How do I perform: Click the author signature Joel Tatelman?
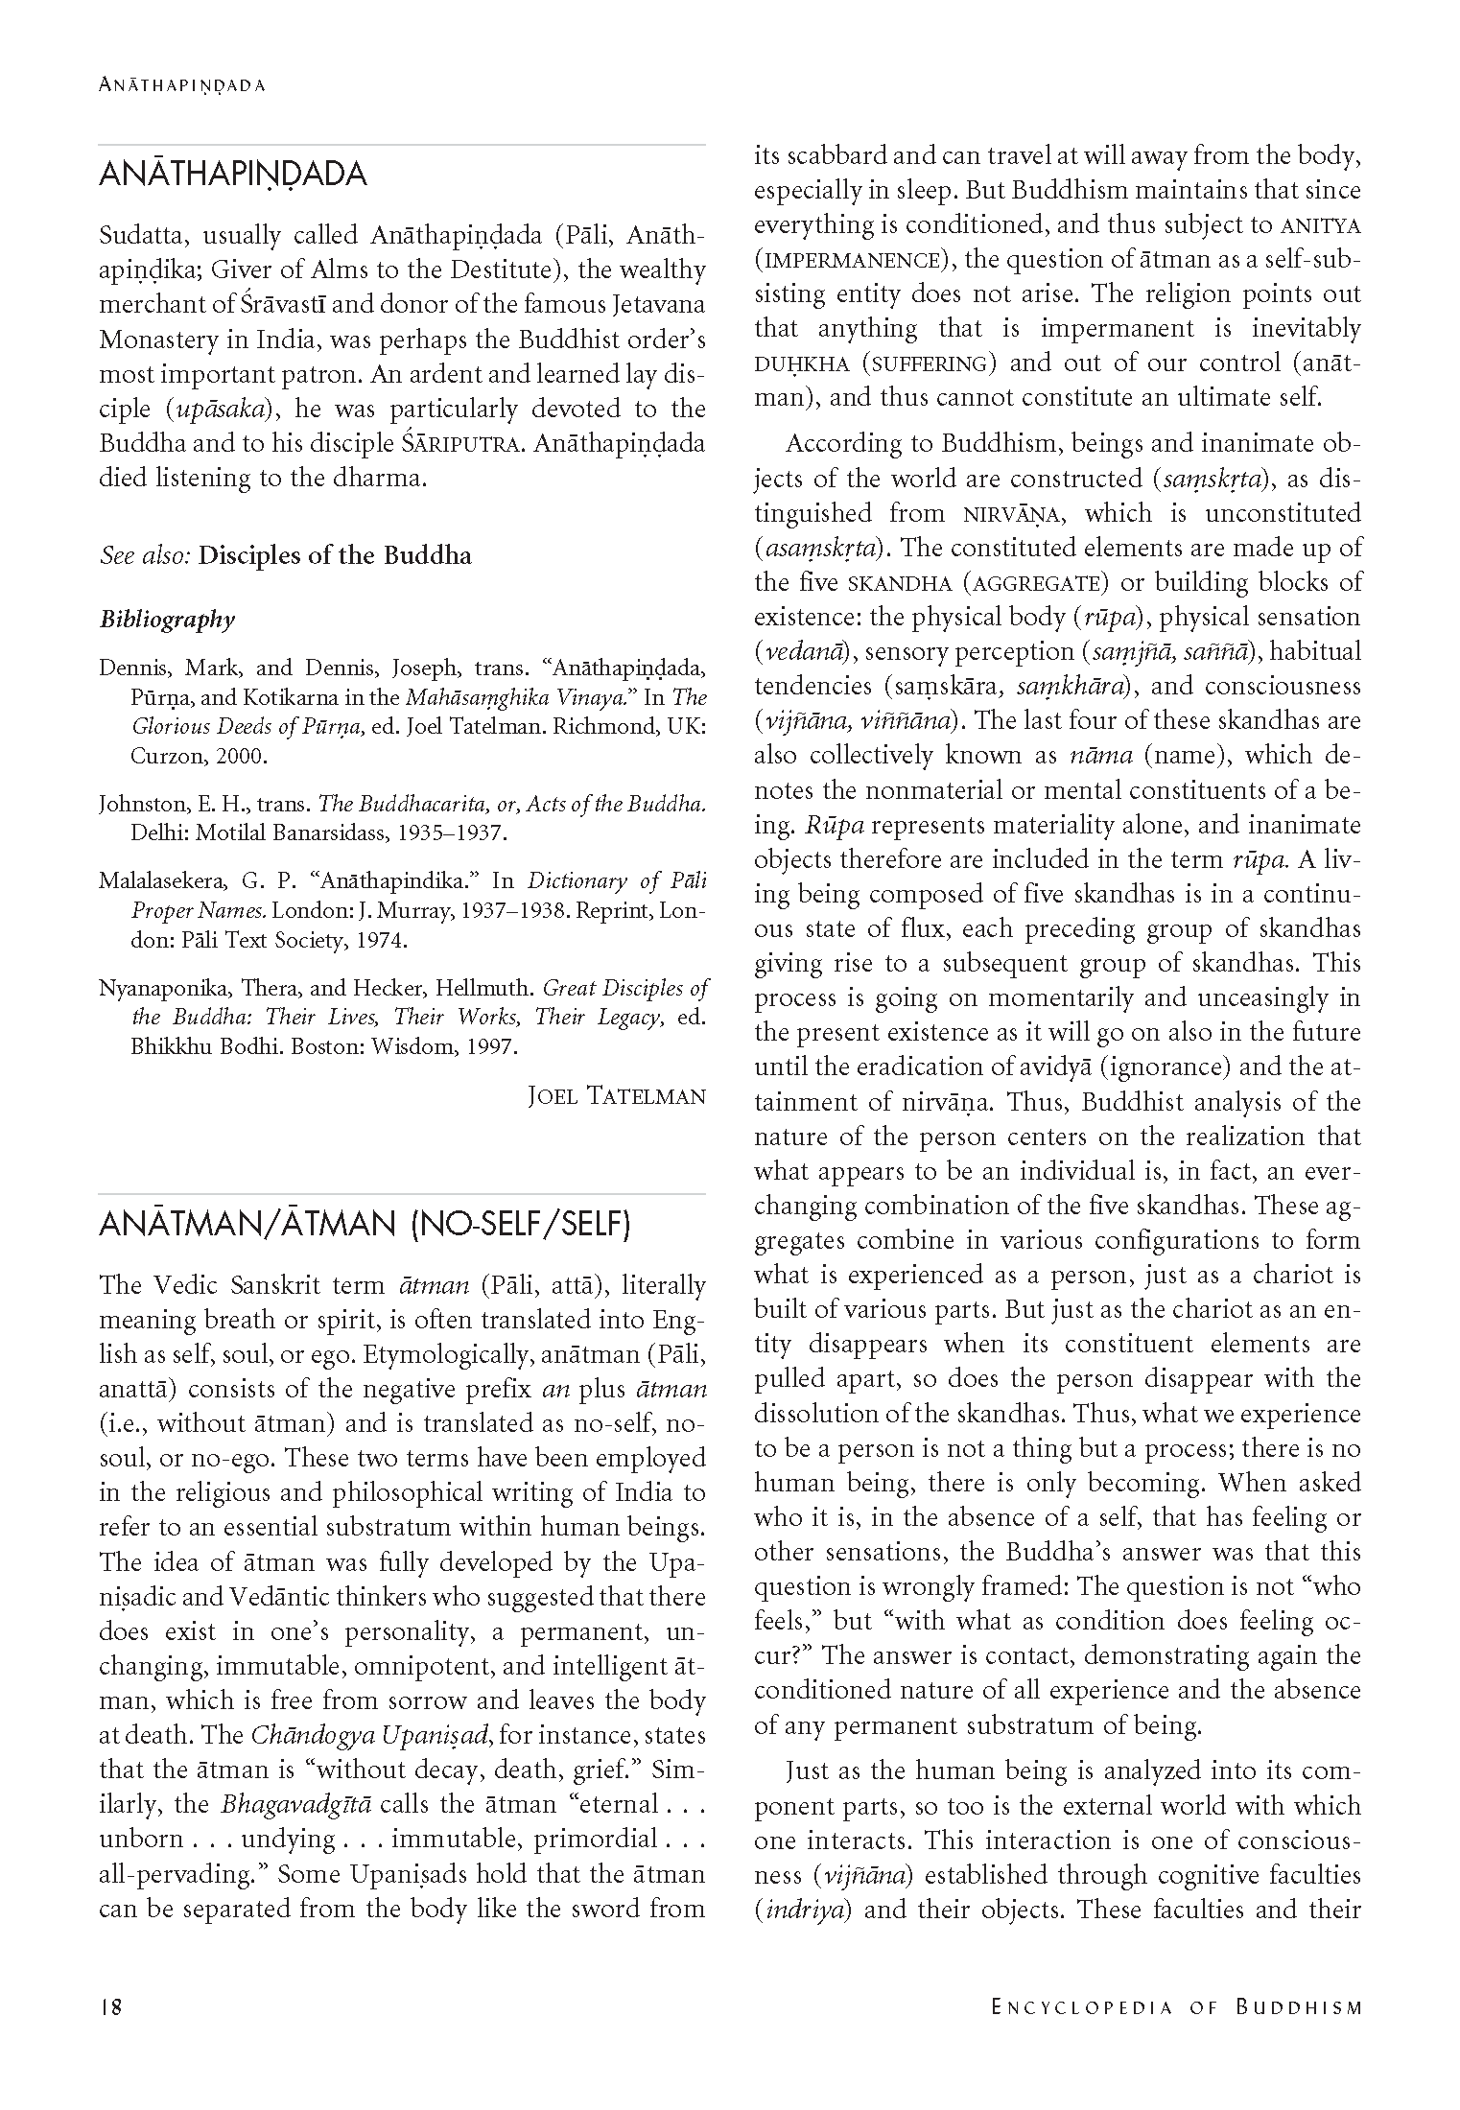click(617, 1096)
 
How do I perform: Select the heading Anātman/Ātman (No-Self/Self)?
click(365, 1226)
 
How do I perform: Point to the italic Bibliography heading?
click(167, 620)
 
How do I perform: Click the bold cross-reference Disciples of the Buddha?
click(335, 556)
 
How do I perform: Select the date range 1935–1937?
click(442, 832)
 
